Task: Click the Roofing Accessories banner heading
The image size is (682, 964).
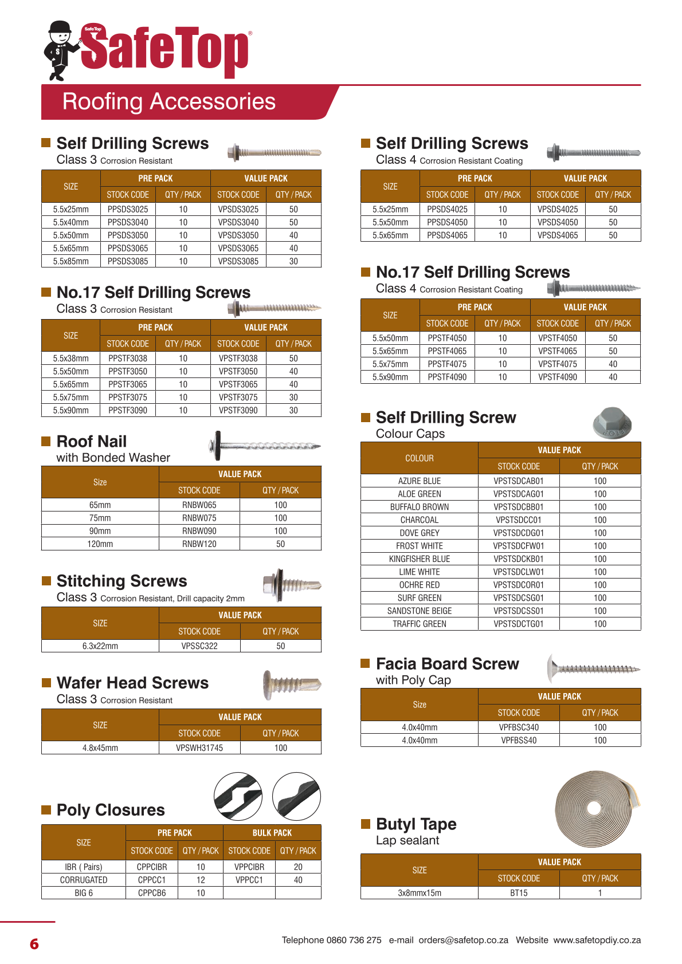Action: [168, 102]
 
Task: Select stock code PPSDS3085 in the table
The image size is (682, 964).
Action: [128, 261]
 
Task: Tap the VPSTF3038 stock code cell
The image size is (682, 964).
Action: [238, 359]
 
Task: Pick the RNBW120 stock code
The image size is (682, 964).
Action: [199, 544]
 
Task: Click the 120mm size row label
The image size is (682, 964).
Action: [100, 544]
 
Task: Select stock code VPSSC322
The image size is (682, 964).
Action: [199, 646]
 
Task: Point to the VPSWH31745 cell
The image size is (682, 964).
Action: [199, 748]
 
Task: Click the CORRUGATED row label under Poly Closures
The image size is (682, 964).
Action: [84, 880]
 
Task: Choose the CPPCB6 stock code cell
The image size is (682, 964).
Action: [152, 893]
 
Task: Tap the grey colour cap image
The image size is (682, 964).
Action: [612, 423]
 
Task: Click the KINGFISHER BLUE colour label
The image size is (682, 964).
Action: [420, 559]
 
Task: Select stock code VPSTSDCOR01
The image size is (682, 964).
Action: [519, 585]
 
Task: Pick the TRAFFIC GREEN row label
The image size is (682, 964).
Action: [420, 624]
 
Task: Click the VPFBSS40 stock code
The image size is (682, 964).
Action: [519, 740]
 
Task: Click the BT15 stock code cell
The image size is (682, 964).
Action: [519, 893]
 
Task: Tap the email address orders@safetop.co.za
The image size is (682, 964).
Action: [463, 940]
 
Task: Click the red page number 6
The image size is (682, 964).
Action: [34, 943]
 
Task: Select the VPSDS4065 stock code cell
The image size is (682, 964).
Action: [558, 235]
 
